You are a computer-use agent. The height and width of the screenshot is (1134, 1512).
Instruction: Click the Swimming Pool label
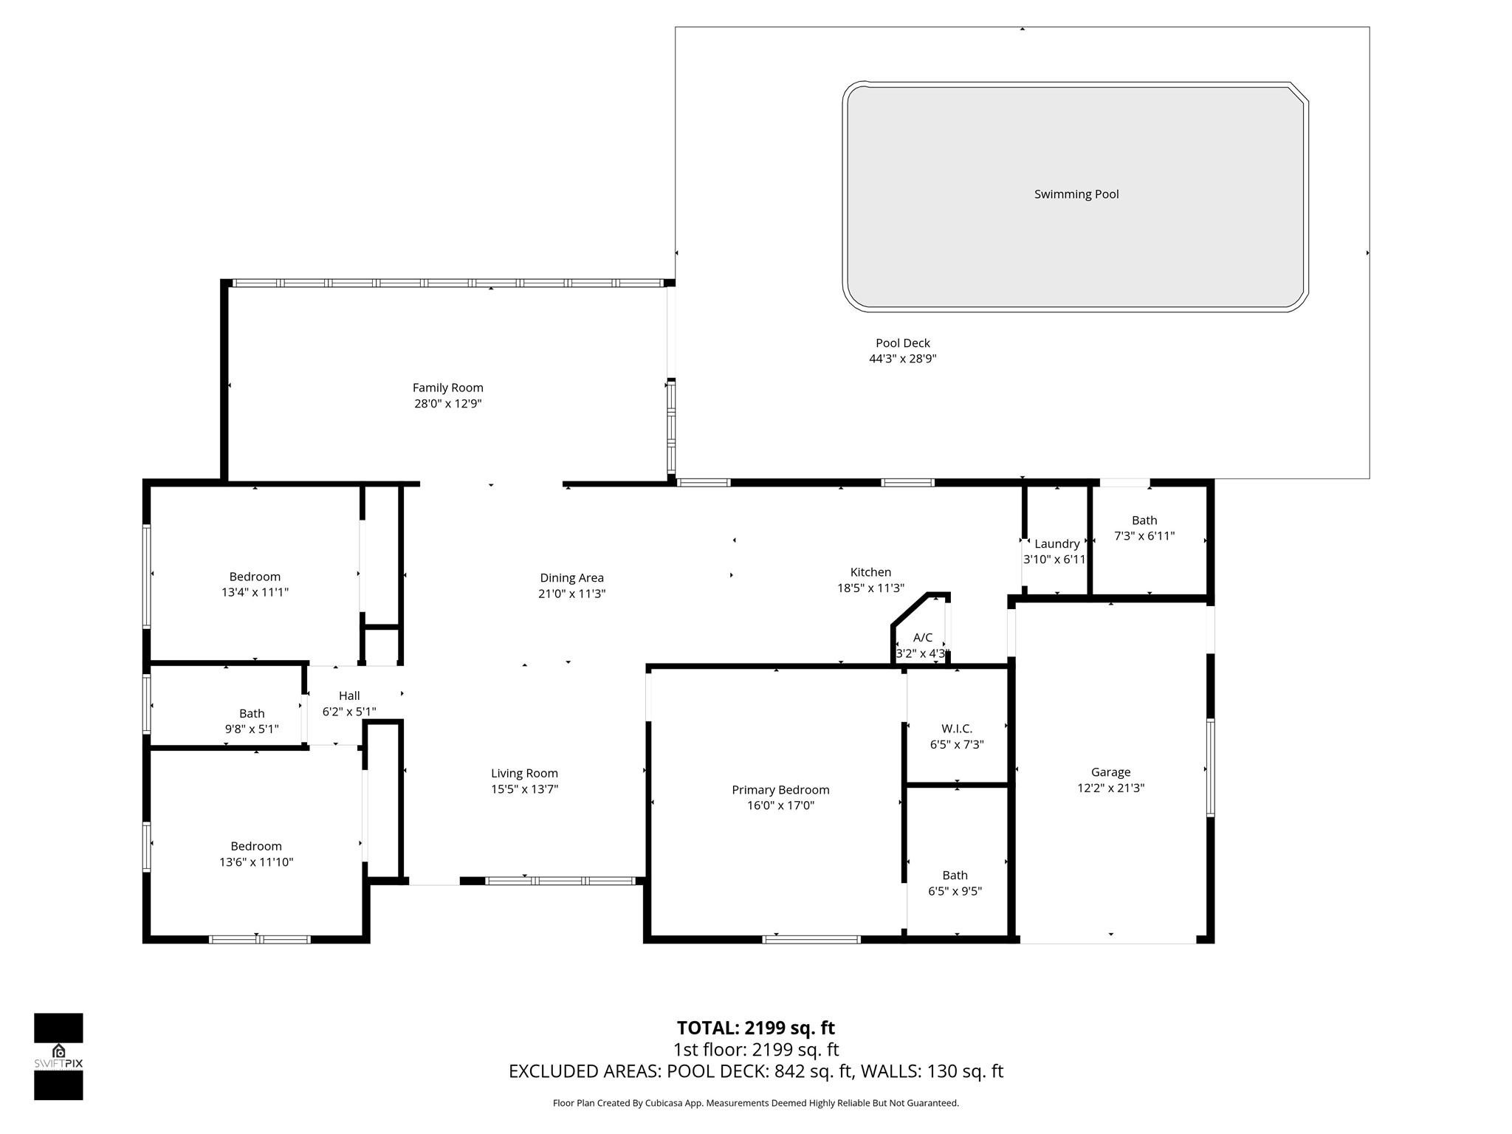1076,194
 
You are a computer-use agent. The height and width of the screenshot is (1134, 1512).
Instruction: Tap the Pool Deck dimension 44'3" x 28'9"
902,359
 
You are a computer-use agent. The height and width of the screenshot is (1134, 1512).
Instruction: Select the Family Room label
447,388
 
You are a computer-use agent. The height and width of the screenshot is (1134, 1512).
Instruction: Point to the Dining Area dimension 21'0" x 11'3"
571,594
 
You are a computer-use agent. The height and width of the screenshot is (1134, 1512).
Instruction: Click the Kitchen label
870,572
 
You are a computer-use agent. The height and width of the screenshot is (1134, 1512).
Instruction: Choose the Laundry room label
1056,544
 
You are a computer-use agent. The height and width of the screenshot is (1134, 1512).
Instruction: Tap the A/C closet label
922,637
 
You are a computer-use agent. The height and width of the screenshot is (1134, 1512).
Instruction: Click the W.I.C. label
956,729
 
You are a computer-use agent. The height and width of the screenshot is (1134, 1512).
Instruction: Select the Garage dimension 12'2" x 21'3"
1110,788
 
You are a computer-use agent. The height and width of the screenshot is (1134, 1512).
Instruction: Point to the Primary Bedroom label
780,790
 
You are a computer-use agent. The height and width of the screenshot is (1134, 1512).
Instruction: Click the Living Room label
524,773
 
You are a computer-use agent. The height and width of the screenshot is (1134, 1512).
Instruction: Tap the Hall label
349,695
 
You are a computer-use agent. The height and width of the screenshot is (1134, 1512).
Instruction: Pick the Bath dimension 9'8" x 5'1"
252,729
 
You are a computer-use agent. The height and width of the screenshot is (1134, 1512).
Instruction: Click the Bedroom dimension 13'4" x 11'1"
255,592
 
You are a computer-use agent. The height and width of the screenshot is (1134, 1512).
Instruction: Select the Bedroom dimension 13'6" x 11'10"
256,862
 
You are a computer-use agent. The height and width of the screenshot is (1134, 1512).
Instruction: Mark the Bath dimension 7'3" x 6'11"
1144,536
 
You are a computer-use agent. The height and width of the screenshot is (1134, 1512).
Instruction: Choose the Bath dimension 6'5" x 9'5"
955,891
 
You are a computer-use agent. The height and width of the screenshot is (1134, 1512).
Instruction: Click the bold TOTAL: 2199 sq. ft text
755,1028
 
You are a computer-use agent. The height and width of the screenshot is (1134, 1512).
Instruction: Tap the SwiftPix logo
58,1056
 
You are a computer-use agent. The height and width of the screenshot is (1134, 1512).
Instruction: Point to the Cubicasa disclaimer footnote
755,1103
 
